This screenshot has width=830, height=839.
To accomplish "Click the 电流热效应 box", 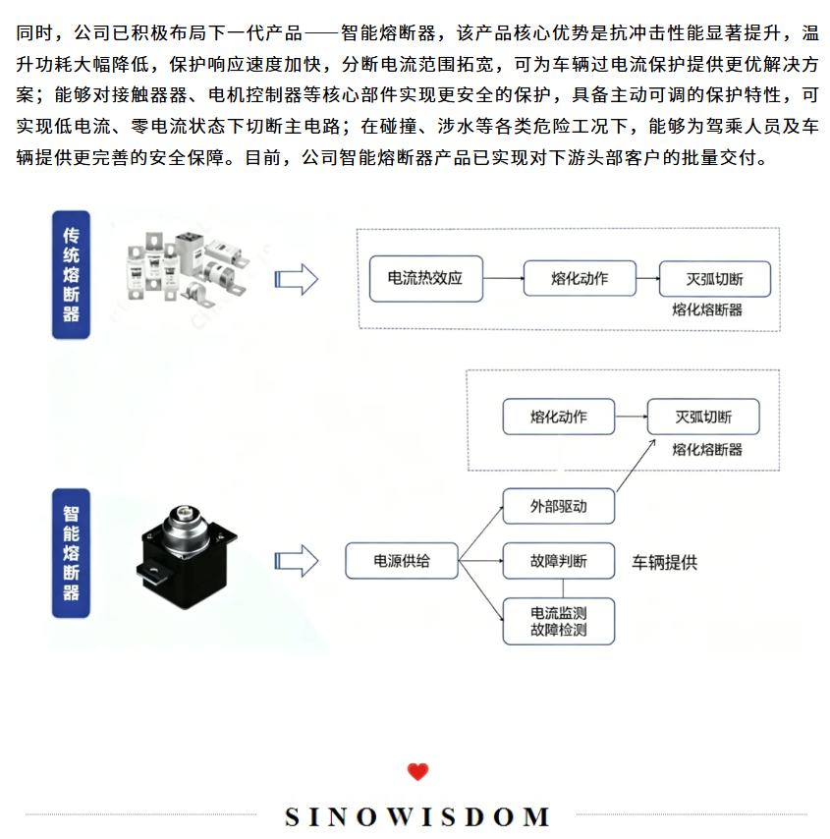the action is pos(426,279).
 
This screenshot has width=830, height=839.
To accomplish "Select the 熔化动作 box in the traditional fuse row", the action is pos(580,278).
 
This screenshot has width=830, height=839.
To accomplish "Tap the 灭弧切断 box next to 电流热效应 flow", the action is pos(715,279).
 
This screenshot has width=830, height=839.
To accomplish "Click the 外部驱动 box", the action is pos(559,506).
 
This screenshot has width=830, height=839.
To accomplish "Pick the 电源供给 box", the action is pos(402,561).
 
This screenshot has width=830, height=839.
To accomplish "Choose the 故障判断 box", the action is pos(559,561).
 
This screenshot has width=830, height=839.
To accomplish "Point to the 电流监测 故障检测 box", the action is pos(559,621).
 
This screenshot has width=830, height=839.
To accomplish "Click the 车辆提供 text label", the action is pos(665,562).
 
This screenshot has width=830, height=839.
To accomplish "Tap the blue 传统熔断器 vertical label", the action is pos(71,274).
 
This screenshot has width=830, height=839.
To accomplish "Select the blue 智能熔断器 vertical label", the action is pos(71,553).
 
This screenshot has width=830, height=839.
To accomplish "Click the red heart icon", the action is pos(417,771).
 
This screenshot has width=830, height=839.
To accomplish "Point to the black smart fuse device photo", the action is pos(187,558).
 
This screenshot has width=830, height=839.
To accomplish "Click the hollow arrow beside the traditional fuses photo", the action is pos(297,279).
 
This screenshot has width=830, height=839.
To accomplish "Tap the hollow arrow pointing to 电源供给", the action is pos(297,561).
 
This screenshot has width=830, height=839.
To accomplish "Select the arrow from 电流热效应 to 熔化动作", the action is pos(503,278).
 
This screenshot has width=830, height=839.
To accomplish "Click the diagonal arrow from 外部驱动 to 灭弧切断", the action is pos(636,466).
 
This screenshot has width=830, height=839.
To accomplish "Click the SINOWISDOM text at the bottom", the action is pos(416,817).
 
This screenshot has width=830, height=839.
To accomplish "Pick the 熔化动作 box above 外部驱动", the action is pos(559,417).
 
